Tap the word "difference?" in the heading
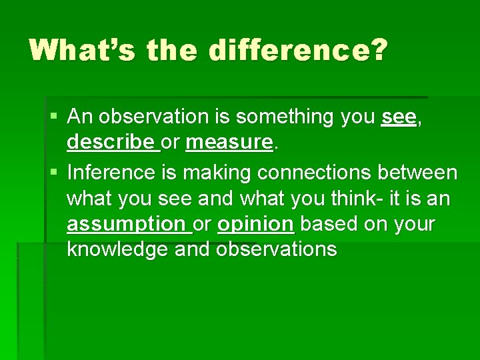pyautogui.click(x=297, y=51)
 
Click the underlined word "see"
pyautogui.click(x=399, y=117)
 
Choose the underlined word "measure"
pyautogui.click(x=229, y=142)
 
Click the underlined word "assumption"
pyautogui.click(x=128, y=224)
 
